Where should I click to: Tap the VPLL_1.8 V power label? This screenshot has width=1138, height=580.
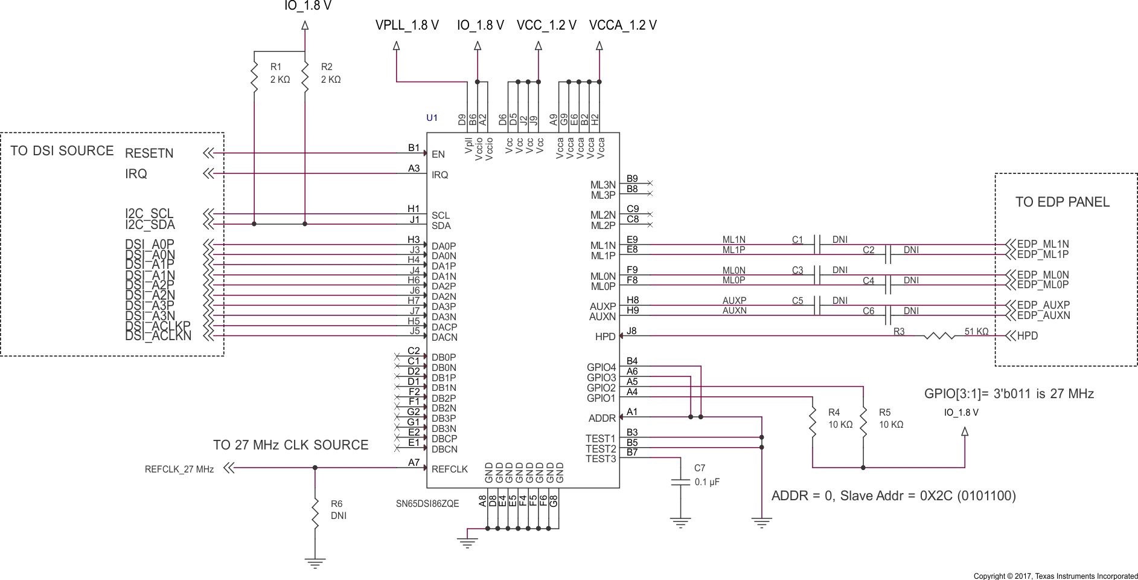pos(406,25)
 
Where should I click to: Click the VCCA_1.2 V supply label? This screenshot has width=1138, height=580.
pos(622,25)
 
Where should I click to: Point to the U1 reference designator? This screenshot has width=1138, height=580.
pos(432,118)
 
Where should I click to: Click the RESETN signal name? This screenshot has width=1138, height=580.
pos(149,153)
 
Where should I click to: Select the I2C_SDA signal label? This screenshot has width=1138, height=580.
pos(150,225)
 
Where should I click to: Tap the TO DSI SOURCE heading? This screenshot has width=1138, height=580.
pos(62,151)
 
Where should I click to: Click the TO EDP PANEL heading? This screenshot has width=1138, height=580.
pos(1062,202)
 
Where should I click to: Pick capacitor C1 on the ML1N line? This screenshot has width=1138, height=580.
pos(817,245)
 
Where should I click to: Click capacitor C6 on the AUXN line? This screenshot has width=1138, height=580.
pos(887,315)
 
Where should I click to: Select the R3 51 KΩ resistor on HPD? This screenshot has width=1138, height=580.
pos(939,336)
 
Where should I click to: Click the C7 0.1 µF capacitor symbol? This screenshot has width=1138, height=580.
pos(680,482)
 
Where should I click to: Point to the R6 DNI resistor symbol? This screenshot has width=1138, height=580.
pos(315,512)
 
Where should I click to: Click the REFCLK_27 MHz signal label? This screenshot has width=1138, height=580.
pos(179,469)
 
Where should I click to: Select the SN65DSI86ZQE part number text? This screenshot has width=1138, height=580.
pos(427,504)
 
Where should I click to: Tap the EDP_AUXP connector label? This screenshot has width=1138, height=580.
pos(1043,305)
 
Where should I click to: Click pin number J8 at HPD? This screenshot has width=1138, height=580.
pos(631,331)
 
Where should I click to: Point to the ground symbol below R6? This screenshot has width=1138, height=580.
pos(315,564)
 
